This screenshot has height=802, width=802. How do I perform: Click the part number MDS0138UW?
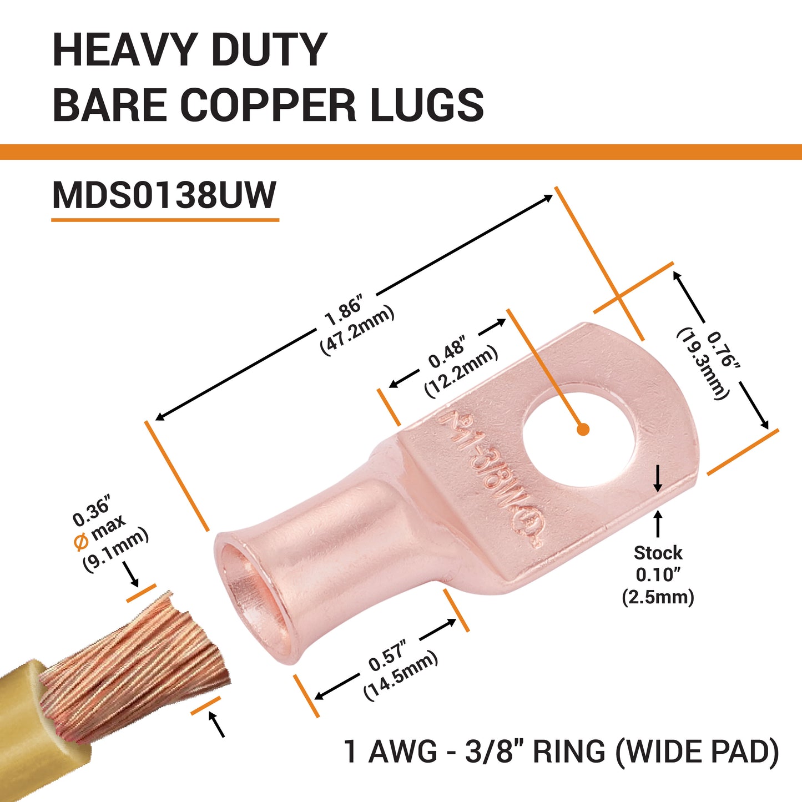[164, 195]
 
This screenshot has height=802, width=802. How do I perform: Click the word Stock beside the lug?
[658, 553]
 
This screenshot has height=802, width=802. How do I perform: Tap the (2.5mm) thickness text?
[658, 598]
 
